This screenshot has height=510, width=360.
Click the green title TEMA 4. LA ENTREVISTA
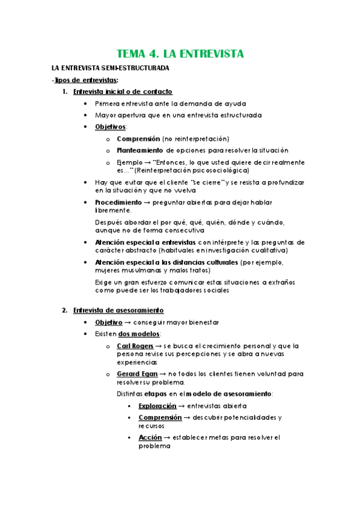click(180, 54)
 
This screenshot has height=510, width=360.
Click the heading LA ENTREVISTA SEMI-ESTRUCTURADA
click(110, 68)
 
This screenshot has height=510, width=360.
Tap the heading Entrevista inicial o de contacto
click(123, 91)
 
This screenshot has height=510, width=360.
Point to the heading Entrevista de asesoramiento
click(118, 310)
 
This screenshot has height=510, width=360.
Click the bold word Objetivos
click(111, 127)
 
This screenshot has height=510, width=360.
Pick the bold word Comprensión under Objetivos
click(142, 138)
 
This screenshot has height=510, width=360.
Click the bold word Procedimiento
click(118, 202)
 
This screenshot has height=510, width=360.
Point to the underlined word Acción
click(150, 437)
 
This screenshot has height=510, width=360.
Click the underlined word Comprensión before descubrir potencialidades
click(160, 417)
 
